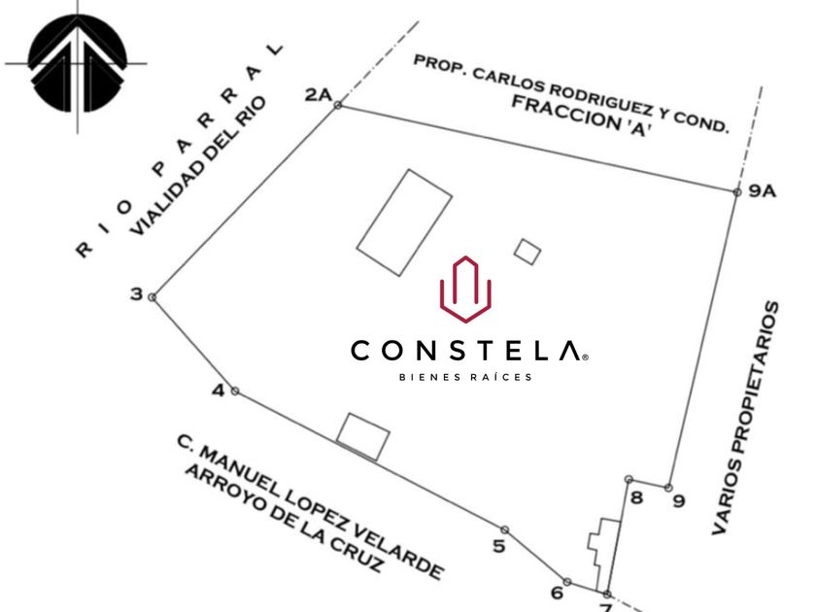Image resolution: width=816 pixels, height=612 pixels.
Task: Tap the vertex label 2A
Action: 318,94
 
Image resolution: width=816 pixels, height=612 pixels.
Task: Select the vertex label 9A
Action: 763,191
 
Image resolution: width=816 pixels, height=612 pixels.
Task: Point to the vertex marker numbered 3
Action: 137,293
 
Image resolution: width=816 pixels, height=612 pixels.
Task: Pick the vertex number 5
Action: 499,545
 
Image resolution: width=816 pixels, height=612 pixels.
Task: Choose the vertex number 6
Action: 558,593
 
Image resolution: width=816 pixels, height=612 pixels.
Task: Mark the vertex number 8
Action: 636,498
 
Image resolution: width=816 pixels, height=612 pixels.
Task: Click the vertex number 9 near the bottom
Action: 678,501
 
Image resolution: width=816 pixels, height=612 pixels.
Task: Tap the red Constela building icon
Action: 465,289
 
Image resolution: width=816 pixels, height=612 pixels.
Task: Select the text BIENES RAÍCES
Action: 466,377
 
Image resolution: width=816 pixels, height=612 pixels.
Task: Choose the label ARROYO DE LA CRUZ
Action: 286,520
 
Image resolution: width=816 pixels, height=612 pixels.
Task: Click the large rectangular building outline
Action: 404,221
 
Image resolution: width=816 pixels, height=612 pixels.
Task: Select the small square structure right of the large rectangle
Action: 527,251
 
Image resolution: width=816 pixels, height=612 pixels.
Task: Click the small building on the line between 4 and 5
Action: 363,436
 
